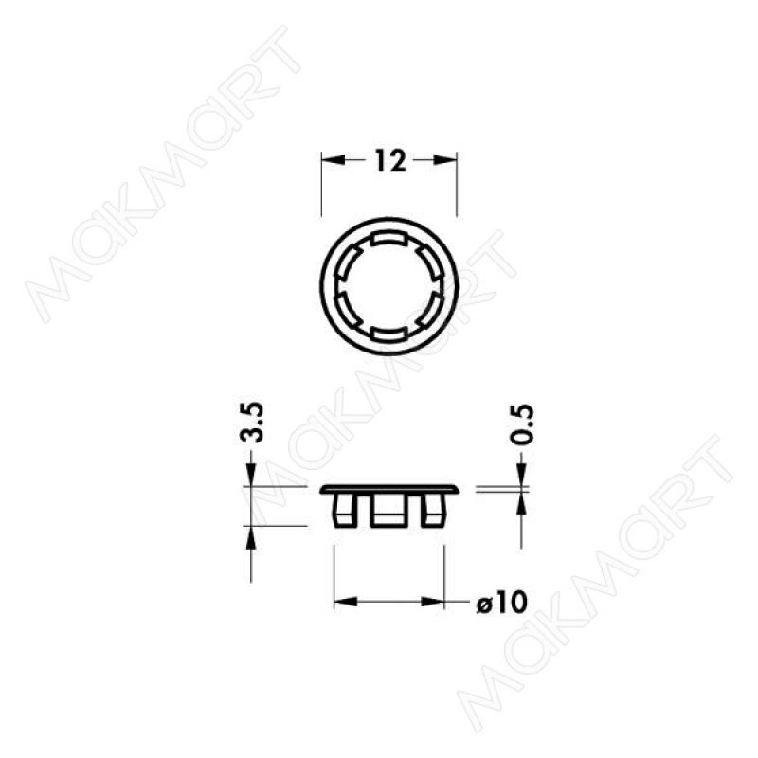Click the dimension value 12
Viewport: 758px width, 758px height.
tap(390, 160)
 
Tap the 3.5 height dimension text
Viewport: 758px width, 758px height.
tap(252, 422)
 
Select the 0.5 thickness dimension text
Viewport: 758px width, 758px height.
tap(522, 424)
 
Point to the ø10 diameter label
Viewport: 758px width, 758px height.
tap(501, 603)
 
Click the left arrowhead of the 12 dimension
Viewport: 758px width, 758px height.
tap(334, 160)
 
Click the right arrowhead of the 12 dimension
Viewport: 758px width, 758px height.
tap(444, 160)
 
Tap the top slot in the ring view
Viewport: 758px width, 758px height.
tap(389, 239)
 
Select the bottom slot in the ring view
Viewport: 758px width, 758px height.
tap(389, 334)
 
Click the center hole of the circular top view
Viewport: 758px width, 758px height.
tap(389, 286)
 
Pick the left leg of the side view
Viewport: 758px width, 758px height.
tap(344, 511)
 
